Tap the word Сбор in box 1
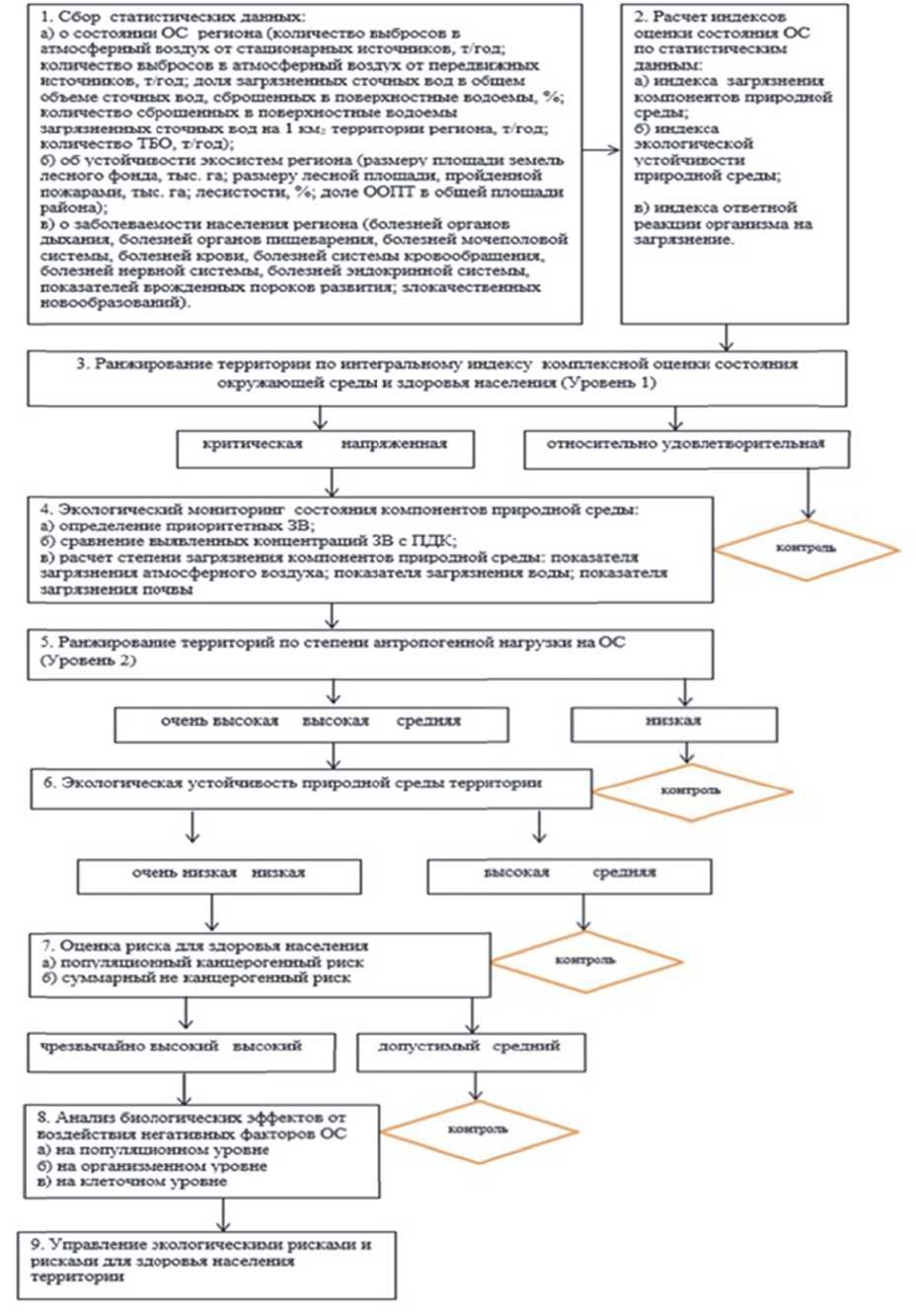(81, 17)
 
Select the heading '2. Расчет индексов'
(719, 17)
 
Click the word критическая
(252, 444)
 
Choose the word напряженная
(394, 444)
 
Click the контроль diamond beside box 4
(806, 548)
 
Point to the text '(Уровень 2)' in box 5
(89, 660)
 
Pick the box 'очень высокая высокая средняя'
(311, 722)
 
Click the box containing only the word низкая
(673, 722)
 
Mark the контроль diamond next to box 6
(691, 791)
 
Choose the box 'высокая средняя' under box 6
(569, 874)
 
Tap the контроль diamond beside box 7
(585, 960)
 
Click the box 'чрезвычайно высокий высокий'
(182, 1047)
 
